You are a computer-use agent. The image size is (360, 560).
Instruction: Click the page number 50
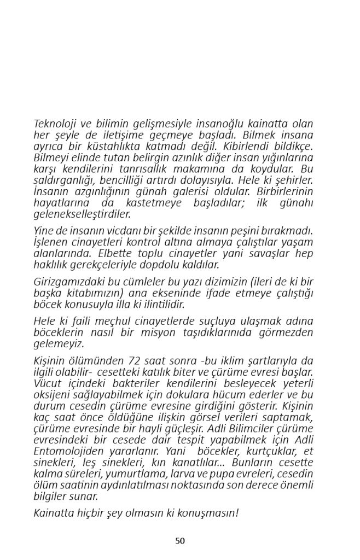(x=180, y=541)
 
